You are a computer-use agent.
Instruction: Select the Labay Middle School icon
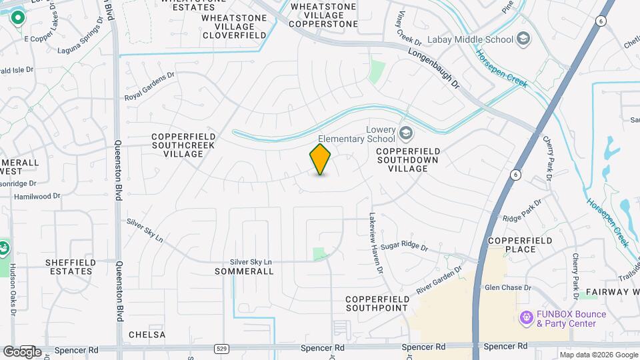(x=523, y=39)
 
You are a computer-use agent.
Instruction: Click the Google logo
(x=21, y=351)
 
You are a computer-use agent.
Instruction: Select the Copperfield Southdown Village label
(x=411, y=160)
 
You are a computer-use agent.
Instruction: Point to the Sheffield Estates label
(x=69, y=267)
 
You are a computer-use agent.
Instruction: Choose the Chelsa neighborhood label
(x=147, y=334)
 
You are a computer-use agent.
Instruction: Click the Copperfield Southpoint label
(x=377, y=303)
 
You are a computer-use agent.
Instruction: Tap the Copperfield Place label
(x=521, y=245)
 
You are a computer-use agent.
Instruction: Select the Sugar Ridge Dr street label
(x=404, y=247)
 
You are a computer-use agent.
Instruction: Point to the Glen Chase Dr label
(x=507, y=288)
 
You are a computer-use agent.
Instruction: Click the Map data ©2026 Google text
(x=598, y=355)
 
